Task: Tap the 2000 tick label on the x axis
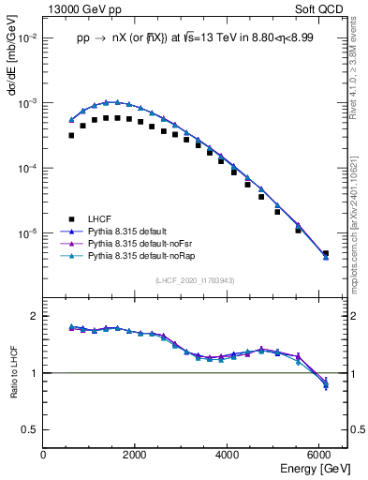(x=135, y=455)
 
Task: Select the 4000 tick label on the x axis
(x=228, y=455)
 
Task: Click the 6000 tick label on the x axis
(x=320, y=455)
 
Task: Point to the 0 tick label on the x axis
(x=43, y=455)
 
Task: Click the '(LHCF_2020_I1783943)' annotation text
(x=195, y=280)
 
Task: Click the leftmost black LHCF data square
(x=71, y=135)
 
